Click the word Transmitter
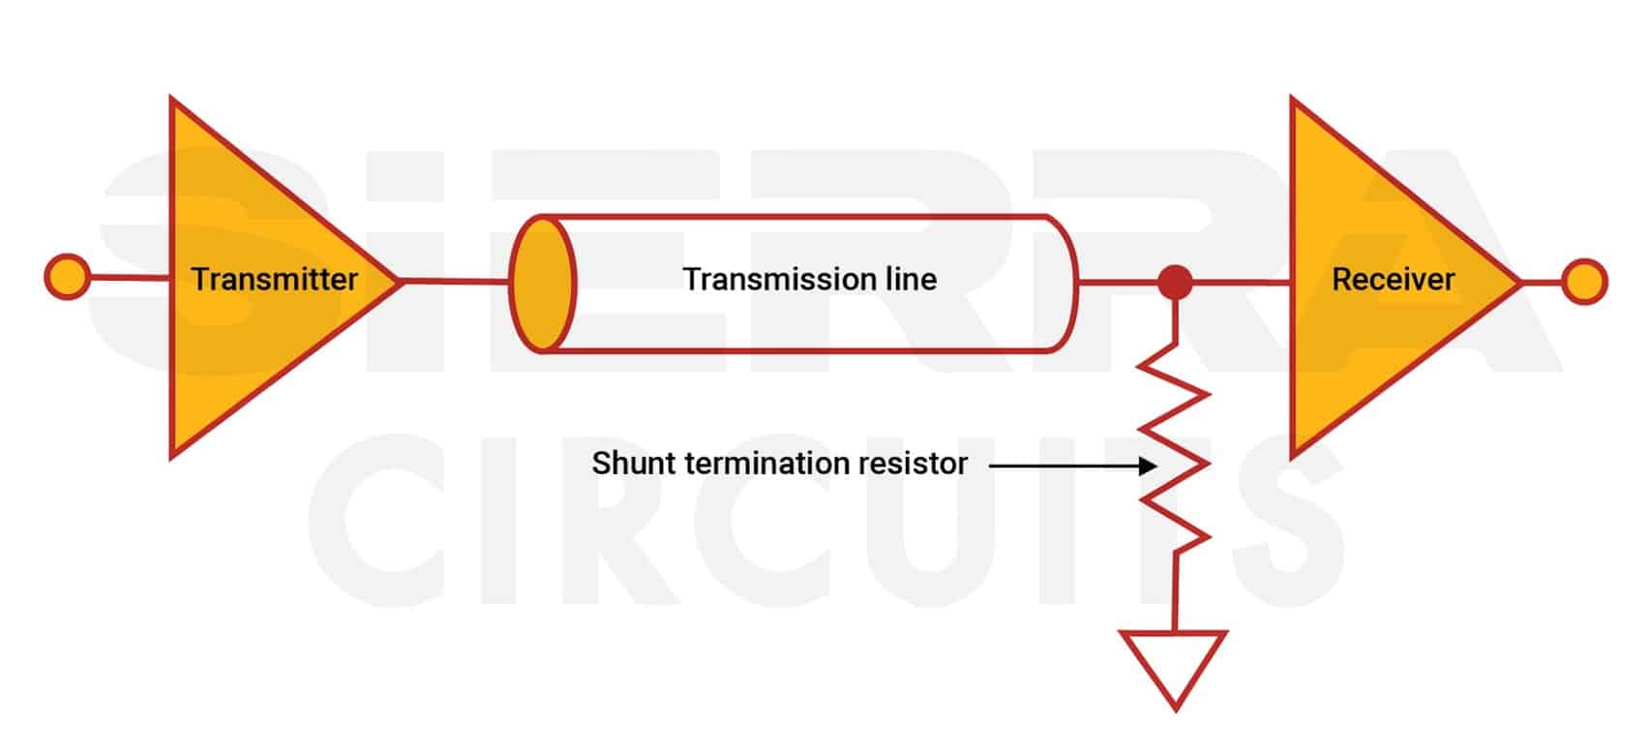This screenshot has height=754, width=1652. coord(274,280)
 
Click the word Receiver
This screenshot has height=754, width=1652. coord(1393,280)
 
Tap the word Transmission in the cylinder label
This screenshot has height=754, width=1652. coord(761,280)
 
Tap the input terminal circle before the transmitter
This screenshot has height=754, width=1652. coord(68,277)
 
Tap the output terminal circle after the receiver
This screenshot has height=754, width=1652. coord(1584,282)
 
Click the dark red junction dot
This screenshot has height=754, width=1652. coord(1175,283)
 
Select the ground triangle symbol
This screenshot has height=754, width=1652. coord(1174,663)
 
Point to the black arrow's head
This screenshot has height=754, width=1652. coord(1149,466)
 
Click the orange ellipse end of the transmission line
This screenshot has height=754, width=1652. coord(543,283)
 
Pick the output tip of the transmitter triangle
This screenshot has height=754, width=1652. coord(398,281)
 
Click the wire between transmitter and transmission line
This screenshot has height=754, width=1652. coord(455,282)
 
